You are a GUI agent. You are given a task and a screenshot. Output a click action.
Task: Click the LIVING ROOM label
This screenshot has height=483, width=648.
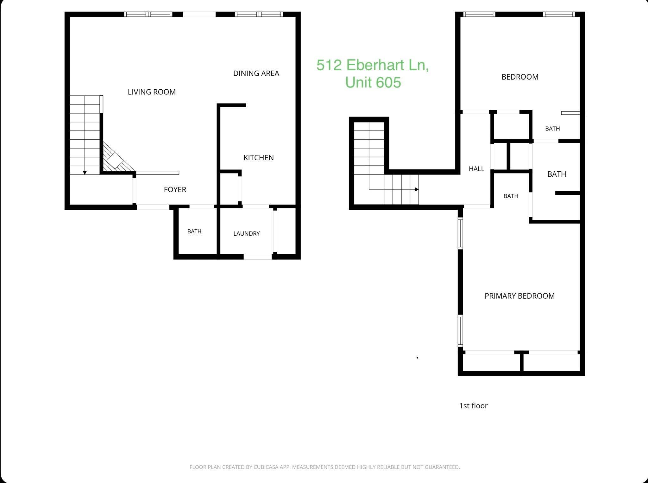point(152,92)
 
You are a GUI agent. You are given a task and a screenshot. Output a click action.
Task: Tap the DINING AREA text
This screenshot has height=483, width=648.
point(256,73)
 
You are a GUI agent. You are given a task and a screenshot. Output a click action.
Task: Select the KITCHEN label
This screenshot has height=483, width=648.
point(258,158)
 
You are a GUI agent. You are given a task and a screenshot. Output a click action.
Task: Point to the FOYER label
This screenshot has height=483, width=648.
point(175,189)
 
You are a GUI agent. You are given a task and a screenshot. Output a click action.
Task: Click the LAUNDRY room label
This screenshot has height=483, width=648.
point(246,234)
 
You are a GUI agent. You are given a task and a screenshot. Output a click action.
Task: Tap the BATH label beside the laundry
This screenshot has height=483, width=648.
point(194,232)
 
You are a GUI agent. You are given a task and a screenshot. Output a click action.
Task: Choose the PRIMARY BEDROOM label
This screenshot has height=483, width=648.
point(519,296)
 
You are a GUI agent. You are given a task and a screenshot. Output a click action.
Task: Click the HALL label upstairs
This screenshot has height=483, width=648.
point(476,169)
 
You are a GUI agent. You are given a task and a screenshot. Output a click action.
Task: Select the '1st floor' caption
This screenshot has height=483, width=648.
point(473,406)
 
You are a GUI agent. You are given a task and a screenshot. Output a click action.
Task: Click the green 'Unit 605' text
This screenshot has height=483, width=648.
point(373,82)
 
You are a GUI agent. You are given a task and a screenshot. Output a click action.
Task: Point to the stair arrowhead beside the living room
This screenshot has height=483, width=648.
point(85,173)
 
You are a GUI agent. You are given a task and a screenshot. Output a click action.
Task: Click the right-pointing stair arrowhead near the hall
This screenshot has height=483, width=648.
point(417,189)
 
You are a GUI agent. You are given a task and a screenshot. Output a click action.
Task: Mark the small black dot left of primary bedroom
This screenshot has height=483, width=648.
point(417,358)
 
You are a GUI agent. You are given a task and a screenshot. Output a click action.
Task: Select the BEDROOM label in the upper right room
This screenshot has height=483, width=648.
point(520,77)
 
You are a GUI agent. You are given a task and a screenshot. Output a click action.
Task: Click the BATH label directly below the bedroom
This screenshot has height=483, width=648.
point(552,129)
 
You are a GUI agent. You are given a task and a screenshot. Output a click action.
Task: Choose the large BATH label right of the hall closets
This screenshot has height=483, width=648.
point(557,174)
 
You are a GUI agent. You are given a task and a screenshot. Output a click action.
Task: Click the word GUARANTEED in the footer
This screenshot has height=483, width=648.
point(442,467)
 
